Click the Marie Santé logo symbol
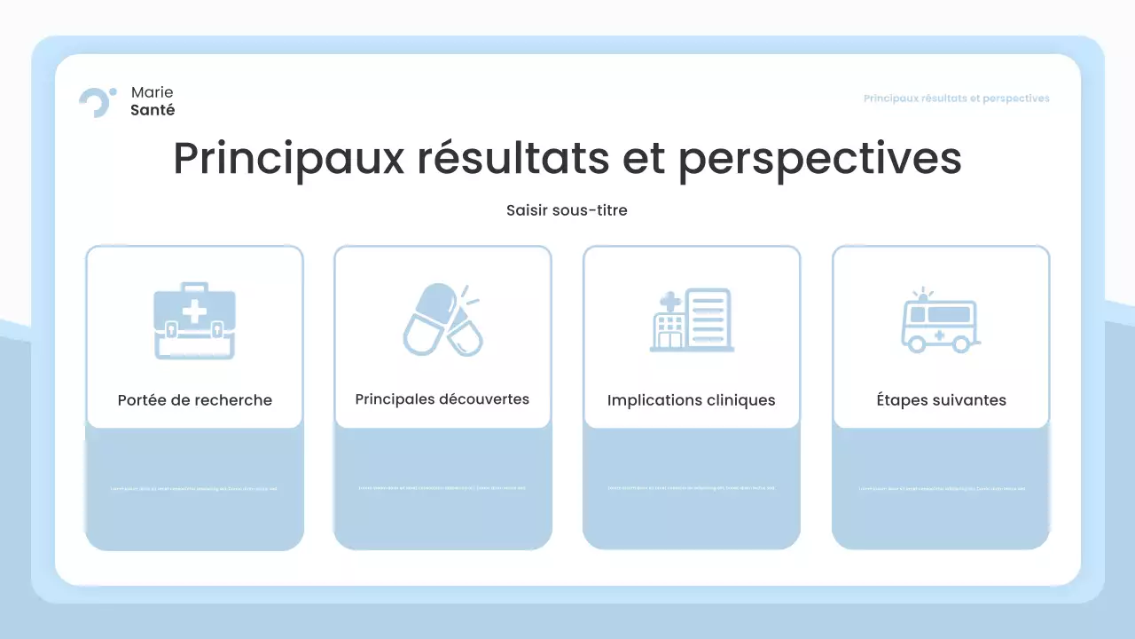pos(96,102)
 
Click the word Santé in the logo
pos(153,110)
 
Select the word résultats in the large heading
pos(513,159)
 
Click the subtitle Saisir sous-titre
pos(567,210)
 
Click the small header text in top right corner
pos(956,99)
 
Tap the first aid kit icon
pos(194,321)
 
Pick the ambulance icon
pos(940,321)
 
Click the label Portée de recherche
pos(194,400)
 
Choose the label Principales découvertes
pos(442,399)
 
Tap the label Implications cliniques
pos(691,400)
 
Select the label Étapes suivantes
pos(941,400)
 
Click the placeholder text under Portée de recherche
pos(193,489)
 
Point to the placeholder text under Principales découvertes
pos(442,488)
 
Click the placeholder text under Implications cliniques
pos(691,488)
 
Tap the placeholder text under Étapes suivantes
pos(941,489)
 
